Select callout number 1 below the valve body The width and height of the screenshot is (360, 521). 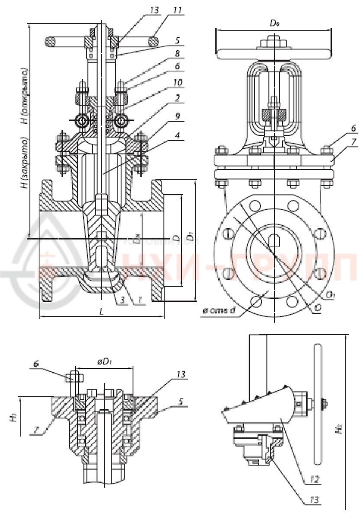139,300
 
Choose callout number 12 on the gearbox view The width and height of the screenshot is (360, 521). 315,479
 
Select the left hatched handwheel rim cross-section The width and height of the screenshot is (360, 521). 50,42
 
